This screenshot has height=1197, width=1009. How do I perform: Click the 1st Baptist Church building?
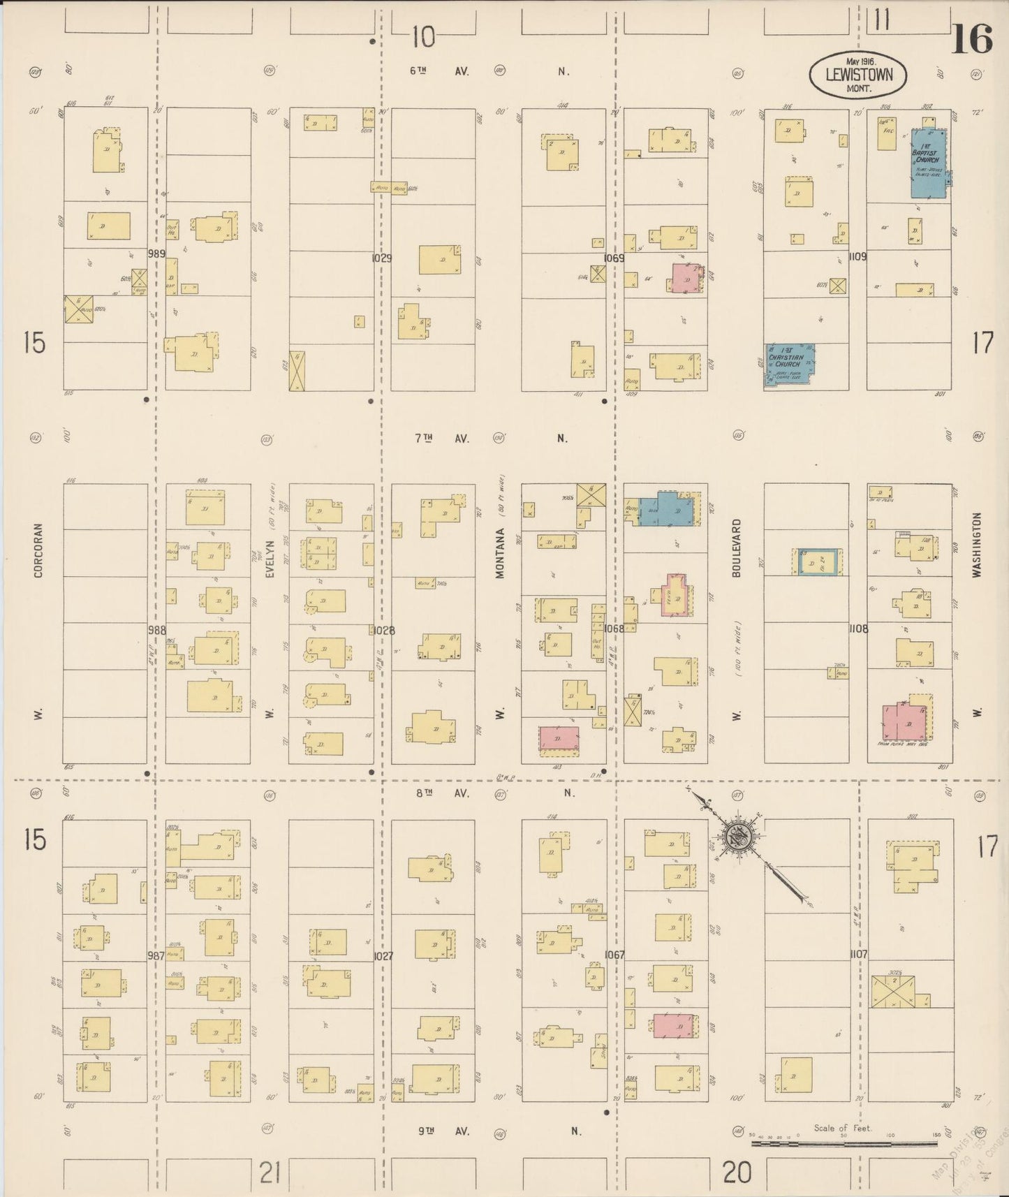tap(928, 163)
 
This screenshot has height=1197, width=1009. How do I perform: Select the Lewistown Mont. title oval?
tap(858, 73)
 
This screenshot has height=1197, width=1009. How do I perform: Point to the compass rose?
tap(737, 835)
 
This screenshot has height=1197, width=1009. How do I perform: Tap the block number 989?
tap(156, 254)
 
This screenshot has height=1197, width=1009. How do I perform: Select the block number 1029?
tap(381, 258)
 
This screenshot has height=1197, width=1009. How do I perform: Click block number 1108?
tap(858, 629)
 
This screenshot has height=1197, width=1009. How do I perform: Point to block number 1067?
tap(615, 955)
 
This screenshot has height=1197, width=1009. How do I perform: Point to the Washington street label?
tap(977, 544)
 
